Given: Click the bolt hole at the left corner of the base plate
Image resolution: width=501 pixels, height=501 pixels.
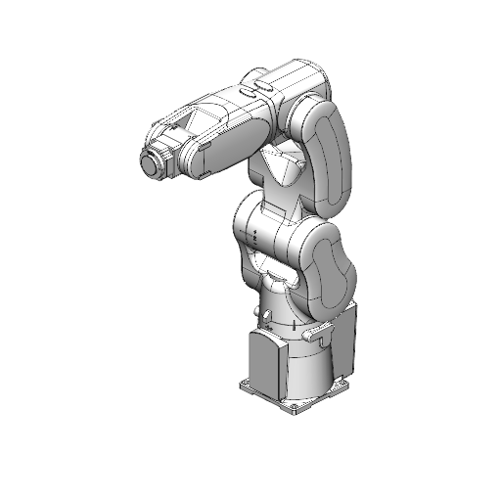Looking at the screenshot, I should (x=246, y=386).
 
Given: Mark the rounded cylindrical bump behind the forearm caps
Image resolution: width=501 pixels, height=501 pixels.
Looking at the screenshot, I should (x=250, y=77).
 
